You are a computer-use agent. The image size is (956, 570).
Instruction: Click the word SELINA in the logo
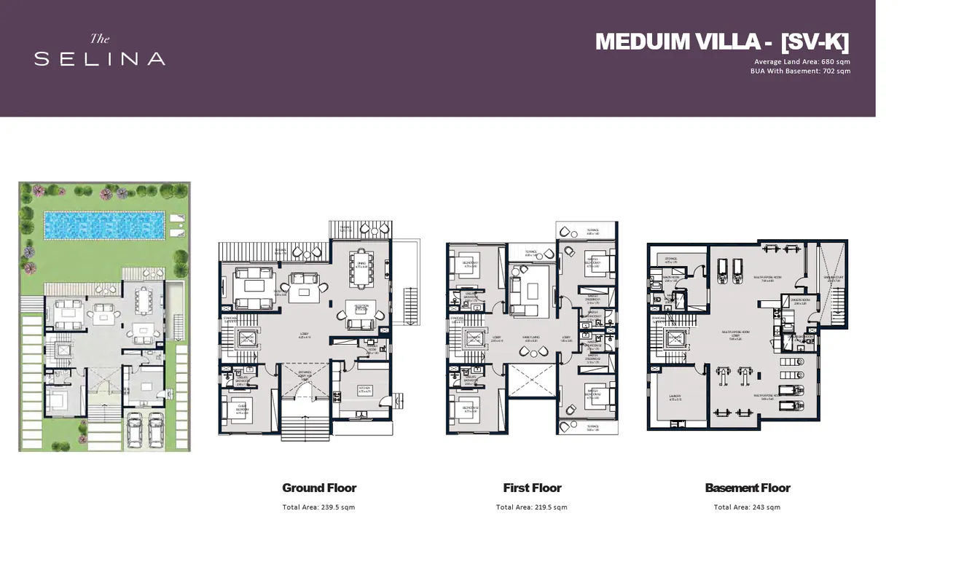100,59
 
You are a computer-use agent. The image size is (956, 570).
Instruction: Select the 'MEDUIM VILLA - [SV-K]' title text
722,42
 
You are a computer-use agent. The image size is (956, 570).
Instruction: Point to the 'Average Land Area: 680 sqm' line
802,62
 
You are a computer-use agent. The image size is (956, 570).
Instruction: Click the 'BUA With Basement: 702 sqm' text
800,71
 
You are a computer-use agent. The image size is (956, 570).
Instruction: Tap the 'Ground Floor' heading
319,488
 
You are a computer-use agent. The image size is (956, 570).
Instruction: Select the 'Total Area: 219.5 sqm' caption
531,507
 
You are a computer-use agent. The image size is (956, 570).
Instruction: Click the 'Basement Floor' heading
748,488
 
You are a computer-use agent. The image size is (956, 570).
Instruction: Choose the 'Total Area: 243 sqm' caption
747,507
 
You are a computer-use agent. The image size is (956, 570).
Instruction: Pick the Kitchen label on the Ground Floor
365,389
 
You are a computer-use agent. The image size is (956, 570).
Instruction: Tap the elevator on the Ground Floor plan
248,338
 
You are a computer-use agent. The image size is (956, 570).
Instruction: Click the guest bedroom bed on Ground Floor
238,410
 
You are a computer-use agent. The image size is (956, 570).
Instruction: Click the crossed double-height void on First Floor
532,380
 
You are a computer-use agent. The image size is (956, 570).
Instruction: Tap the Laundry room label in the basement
675,397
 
